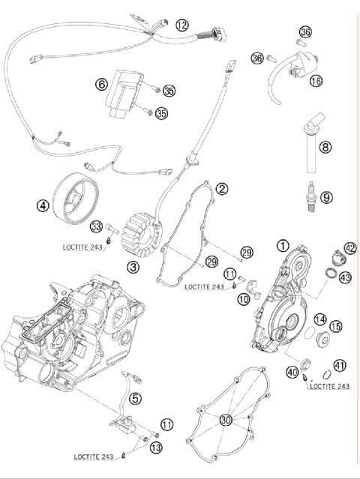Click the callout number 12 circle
pos(182,25)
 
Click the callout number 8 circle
pos(325,148)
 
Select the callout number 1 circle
pos(283,244)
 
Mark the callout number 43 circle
pos(345,277)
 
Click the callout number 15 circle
pos(335,326)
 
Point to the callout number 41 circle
pos(340,366)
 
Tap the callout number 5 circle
pos(134,398)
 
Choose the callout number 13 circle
pos(155,448)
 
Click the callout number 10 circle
pos(244,299)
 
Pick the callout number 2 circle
pos(221,189)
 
